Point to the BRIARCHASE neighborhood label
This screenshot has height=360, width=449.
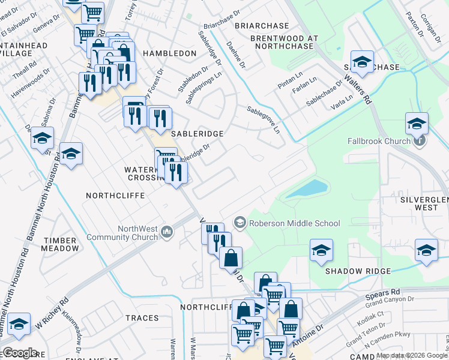tap(262, 26)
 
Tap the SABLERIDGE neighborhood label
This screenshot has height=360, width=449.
tap(197, 133)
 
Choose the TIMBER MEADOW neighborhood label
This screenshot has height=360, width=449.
tap(61, 244)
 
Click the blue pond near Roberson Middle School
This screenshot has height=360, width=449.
tap(307, 189)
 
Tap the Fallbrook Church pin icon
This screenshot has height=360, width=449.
tap(420, 141)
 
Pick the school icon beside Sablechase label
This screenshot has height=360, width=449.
tap(363, 62)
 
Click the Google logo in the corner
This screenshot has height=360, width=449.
tap(20, 353)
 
